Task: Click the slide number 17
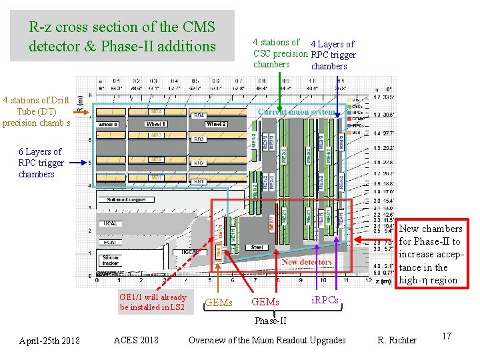click(x=446, y=336)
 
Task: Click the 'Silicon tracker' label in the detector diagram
click(x=110, y=260)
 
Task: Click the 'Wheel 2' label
click(x=217, y=124)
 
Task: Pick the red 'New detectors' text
click(x=306, y=262)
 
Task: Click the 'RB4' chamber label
click(x=199, y=115)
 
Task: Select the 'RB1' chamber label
click(x=199, y=181)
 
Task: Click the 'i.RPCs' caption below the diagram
click(x=325, y=301)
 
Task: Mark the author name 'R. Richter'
click(x=397, y=340)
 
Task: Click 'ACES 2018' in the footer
click(x=136, y=340)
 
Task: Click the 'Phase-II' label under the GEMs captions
click(x=271, y=321)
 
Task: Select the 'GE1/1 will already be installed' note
click(x=153, y=302)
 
